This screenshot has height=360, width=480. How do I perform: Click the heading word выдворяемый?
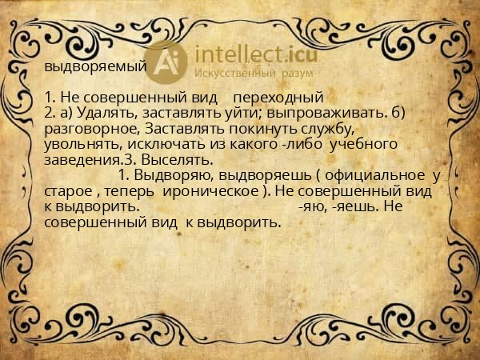tap(95, 66)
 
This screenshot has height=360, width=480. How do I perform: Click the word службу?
tap(325, 129)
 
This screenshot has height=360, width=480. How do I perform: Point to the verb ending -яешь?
tap(358, 206)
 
